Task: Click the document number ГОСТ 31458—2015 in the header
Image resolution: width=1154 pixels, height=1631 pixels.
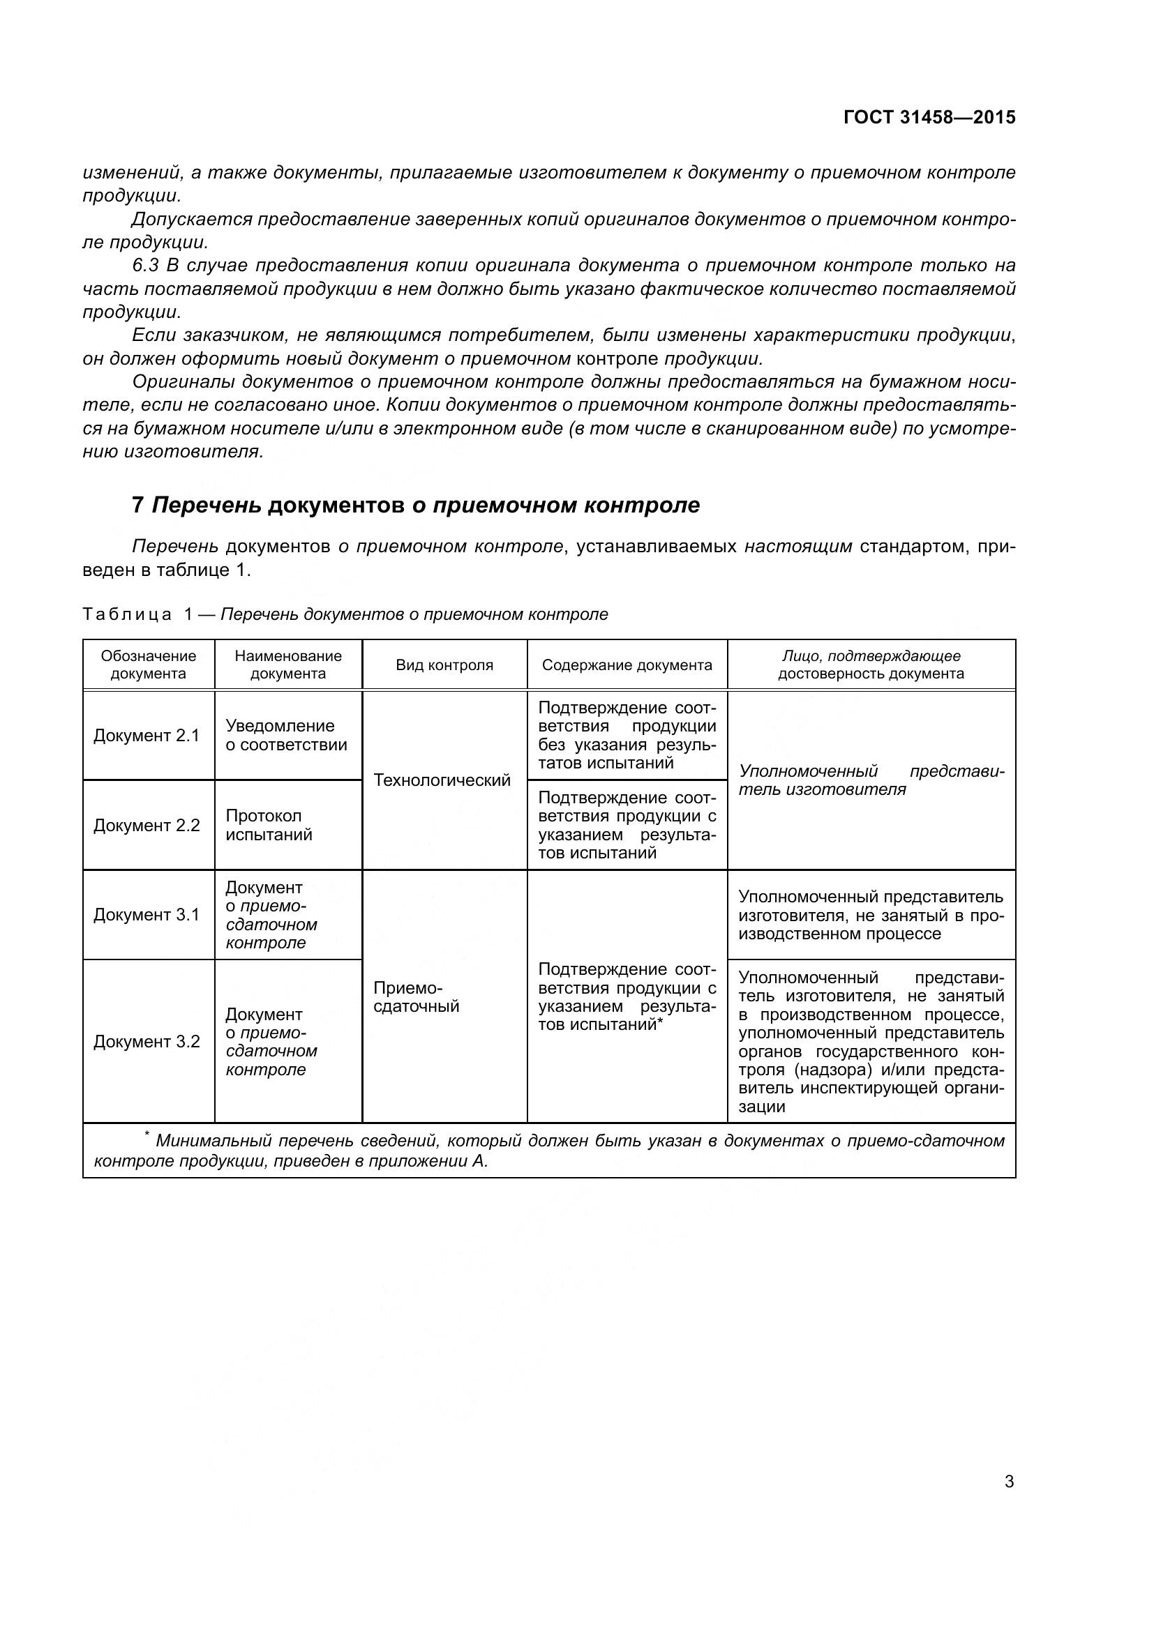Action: tap(929, 117)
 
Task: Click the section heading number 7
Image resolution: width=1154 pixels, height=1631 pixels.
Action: tap(138, 505)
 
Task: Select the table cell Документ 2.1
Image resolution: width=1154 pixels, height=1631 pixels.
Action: tap(147, 736)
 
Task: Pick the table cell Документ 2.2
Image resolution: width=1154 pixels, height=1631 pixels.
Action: tap(147, 826)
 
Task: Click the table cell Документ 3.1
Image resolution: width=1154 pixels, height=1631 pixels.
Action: tap(147, 915)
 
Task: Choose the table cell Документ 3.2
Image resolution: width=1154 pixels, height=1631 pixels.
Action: tap(147, 1041)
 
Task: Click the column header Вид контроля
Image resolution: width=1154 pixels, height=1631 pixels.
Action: tap(444, 665)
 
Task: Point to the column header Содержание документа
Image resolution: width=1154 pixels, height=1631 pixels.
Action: tap(627, 665)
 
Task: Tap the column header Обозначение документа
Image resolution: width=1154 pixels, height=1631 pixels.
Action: tap(148, 665)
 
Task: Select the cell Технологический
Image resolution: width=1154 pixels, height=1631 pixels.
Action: tap(442, 781)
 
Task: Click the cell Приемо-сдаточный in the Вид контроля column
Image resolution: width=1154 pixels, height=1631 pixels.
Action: tap(417, 997)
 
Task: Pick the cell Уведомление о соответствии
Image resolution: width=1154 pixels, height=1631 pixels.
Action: tap(286, 735)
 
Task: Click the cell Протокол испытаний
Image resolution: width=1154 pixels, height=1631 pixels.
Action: tap(269, 826)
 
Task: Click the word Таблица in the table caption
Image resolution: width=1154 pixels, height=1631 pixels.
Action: tap(127, 614)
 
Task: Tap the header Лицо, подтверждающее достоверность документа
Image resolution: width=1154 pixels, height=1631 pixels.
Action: tap(871, 665)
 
